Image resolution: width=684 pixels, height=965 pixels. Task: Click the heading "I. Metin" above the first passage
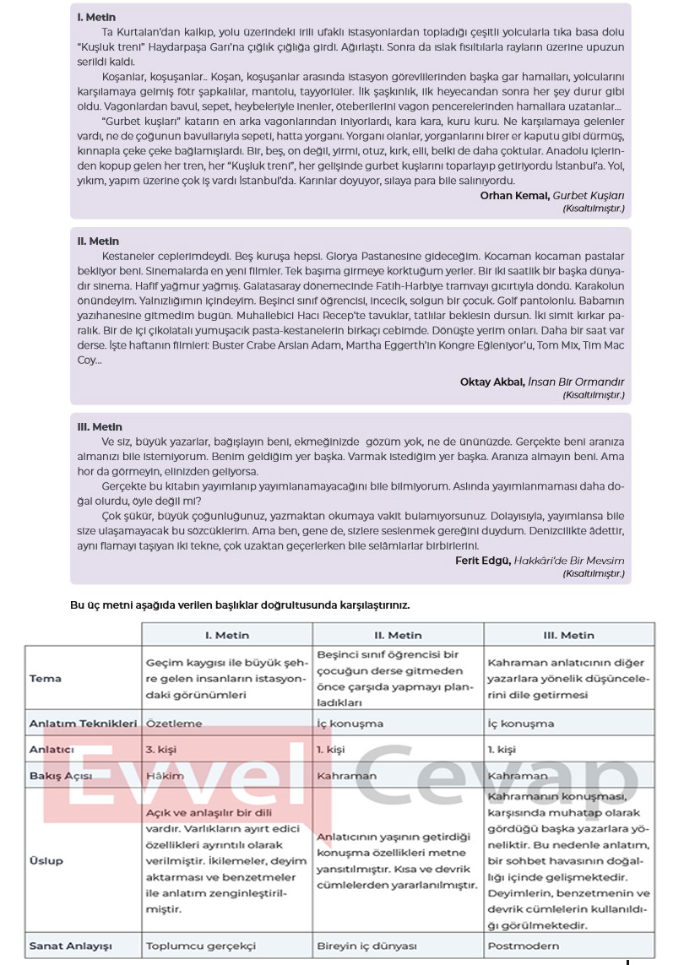pos(96,17)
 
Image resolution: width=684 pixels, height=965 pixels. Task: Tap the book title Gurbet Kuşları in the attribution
pos(589,195)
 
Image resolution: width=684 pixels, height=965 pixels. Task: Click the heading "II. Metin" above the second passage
pos(98,241)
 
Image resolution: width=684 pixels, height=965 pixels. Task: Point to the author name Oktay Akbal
pos(492,382)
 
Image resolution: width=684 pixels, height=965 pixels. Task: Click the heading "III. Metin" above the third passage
pos(100,426)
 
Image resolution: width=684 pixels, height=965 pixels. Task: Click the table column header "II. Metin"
pos(398,635)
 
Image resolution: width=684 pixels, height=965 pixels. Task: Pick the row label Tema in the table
pos(44,678)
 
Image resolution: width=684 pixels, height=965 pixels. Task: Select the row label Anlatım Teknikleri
pos(82,724)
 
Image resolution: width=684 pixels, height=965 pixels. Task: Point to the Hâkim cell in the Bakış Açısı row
pos(165,776)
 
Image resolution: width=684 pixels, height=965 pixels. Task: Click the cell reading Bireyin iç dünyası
pos(366,946)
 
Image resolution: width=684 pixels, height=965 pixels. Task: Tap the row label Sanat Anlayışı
pos(70,946)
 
